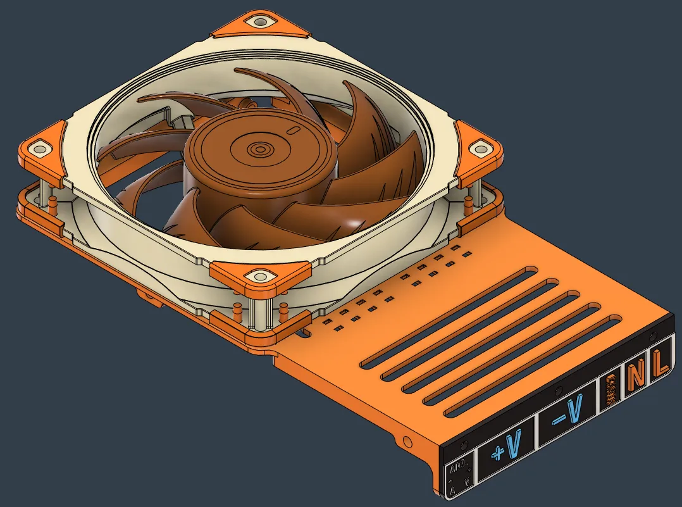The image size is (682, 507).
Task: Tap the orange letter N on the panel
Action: click(637, 375)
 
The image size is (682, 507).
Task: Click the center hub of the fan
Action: click(259, 150)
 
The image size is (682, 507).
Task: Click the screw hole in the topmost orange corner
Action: click(259, 22)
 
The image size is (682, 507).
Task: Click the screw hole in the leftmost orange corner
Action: click(40, 150)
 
